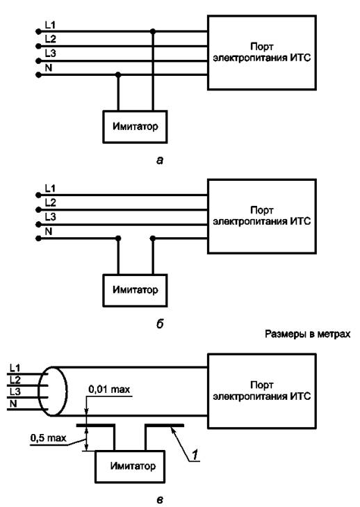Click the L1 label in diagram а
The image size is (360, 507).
point(50,24)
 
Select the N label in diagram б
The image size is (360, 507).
point(49,232)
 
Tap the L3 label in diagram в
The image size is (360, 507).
point(15,392)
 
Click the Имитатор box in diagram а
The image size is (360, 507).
point(135,127)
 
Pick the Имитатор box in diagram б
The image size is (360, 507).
point(135,291)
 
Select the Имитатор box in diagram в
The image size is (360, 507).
point(130,467)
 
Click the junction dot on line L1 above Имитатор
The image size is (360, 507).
point(153,31)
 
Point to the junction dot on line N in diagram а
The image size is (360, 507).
point(118,75)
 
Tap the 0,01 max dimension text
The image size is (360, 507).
point(109,389)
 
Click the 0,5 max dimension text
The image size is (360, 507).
point(49,438)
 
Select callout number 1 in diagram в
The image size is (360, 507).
point(195,455)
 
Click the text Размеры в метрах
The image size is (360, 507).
point(307,334)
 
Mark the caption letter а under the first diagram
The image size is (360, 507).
point(160,161)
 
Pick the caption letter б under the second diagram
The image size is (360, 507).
point(160,323)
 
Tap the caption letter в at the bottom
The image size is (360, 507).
point(160,500)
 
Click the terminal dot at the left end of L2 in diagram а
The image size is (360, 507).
point(38,46)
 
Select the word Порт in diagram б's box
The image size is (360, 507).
point(262,211)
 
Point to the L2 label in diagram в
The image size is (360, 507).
point(15,380)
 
